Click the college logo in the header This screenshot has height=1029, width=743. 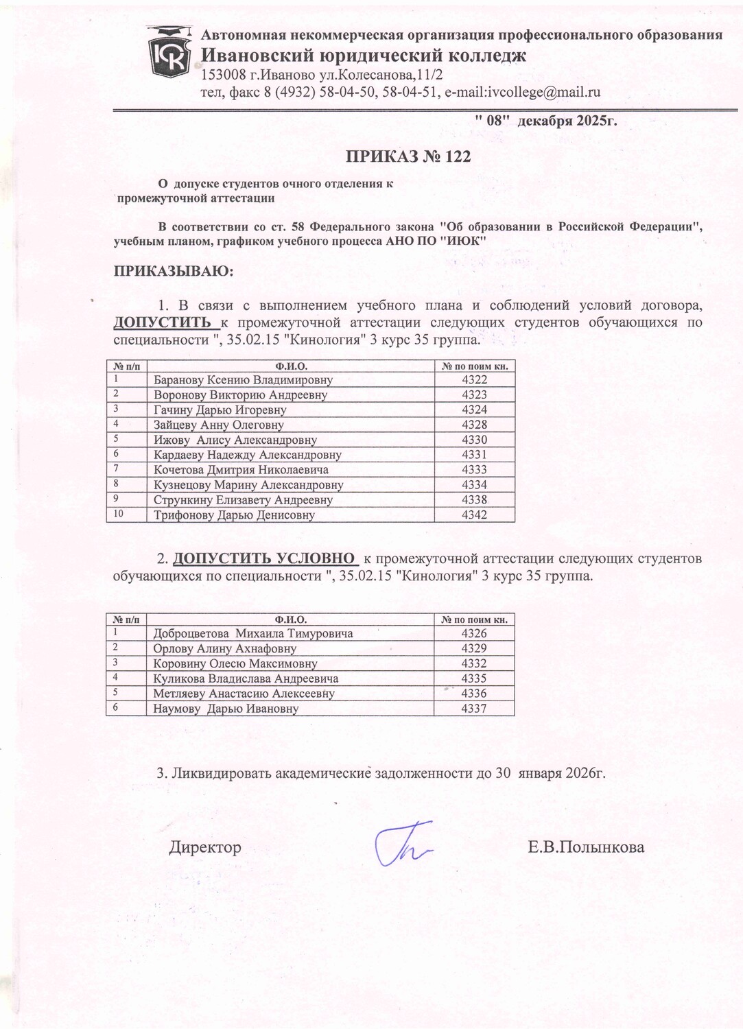170,52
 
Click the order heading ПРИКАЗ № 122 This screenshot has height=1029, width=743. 408,156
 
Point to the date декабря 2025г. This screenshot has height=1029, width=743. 567,121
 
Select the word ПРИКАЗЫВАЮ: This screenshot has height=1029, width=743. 174,272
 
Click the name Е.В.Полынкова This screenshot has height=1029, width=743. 586,847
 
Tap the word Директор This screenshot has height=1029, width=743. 205,847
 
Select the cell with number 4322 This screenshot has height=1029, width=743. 474,380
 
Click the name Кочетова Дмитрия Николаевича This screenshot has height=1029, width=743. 241,470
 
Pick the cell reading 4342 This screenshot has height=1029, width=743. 474,514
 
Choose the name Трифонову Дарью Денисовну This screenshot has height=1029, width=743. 234,515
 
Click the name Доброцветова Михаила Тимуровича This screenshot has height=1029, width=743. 253,634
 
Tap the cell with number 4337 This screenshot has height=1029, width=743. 474,708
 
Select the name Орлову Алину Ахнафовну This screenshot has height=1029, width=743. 225,649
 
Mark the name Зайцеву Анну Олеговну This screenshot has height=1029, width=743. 218,425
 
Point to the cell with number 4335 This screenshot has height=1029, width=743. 474,678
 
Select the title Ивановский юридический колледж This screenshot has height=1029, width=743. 364,55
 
